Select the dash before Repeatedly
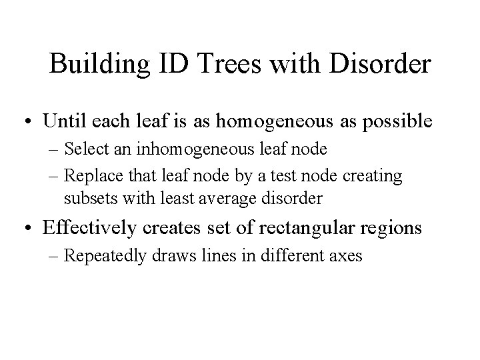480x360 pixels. [55, 255]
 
